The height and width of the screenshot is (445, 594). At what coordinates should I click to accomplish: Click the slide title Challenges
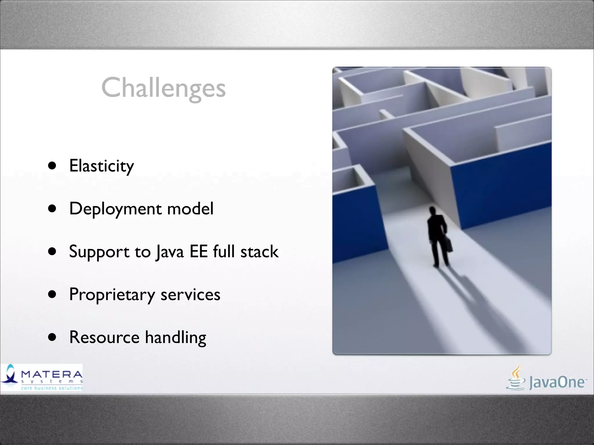tap(163, 88)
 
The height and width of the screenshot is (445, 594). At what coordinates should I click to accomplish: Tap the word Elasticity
tap(102, 166)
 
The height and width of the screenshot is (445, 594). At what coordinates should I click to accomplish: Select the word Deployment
tap(115, 209)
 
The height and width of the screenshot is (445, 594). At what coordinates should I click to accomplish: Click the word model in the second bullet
tap(190, 208)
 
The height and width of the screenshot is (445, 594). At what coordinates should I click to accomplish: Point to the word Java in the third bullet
tap(170, 251)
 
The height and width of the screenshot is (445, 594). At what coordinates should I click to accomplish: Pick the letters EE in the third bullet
tap(199, 251)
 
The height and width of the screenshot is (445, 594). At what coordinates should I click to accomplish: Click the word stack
tap(259, 251)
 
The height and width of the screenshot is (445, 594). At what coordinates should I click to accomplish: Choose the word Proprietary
tap(112, 295)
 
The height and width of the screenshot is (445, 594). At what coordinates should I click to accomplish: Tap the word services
tap(190, 295)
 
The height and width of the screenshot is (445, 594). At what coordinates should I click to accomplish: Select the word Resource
tap(104, 337)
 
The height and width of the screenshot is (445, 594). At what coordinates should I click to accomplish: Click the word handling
tap(175, 338)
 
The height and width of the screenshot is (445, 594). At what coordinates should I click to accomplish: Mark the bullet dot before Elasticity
tap(52, 166)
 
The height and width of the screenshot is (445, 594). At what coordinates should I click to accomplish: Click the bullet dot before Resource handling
tap(52, 337)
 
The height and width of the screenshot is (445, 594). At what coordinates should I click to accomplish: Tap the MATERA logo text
tap(52, 374)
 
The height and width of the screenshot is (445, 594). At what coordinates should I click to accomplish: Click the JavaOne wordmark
tap(556, 382)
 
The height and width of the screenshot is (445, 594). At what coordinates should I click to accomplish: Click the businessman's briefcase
tap(448, 244)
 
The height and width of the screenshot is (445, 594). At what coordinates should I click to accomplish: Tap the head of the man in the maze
tap(432, 211)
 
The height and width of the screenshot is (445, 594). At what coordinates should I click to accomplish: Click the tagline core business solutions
tap(52, 388)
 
